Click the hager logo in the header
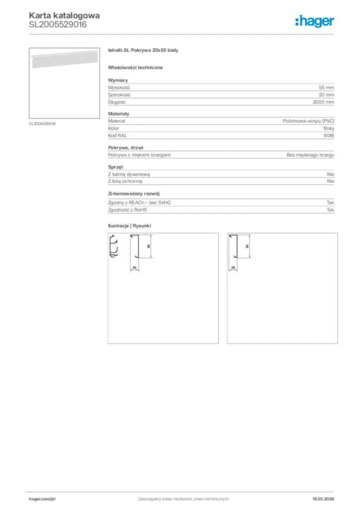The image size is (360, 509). pyautogui.click(x=314, y=20)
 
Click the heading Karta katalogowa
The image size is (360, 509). pyautogui.click(x=64, y=15)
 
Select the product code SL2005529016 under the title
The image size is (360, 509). pyautogui.click(x=58, y=24)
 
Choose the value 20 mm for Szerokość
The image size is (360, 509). pyautogui.click(x=326, y=94)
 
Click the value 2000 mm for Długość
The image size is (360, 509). pyautogui.click(x=323, y=102)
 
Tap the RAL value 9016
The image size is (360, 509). pyautogui.click(x=329, y=135)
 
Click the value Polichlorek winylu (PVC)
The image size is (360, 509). pyautogui.click(x=308, y=121)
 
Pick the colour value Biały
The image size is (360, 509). pyautogui.click(x=328, y=128)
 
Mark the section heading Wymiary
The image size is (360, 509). pyautogui.click(x=118, y=80)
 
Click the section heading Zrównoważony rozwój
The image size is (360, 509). pyautogui.click(x=134, y=193)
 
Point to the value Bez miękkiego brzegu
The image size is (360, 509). pyautogui.click(x=310, y=155)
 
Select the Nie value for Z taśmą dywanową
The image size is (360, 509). pyautogui.click(x=330, y=174)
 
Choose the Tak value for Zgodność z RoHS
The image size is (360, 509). pyautogui.click(x=330, y=210)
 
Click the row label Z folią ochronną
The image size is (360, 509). pyautogui.click(x=125, y=181)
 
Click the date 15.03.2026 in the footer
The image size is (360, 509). pyautogui.click(x=323, y=499)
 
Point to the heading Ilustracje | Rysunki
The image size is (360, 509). pyautogui.click(x=129, y=226)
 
